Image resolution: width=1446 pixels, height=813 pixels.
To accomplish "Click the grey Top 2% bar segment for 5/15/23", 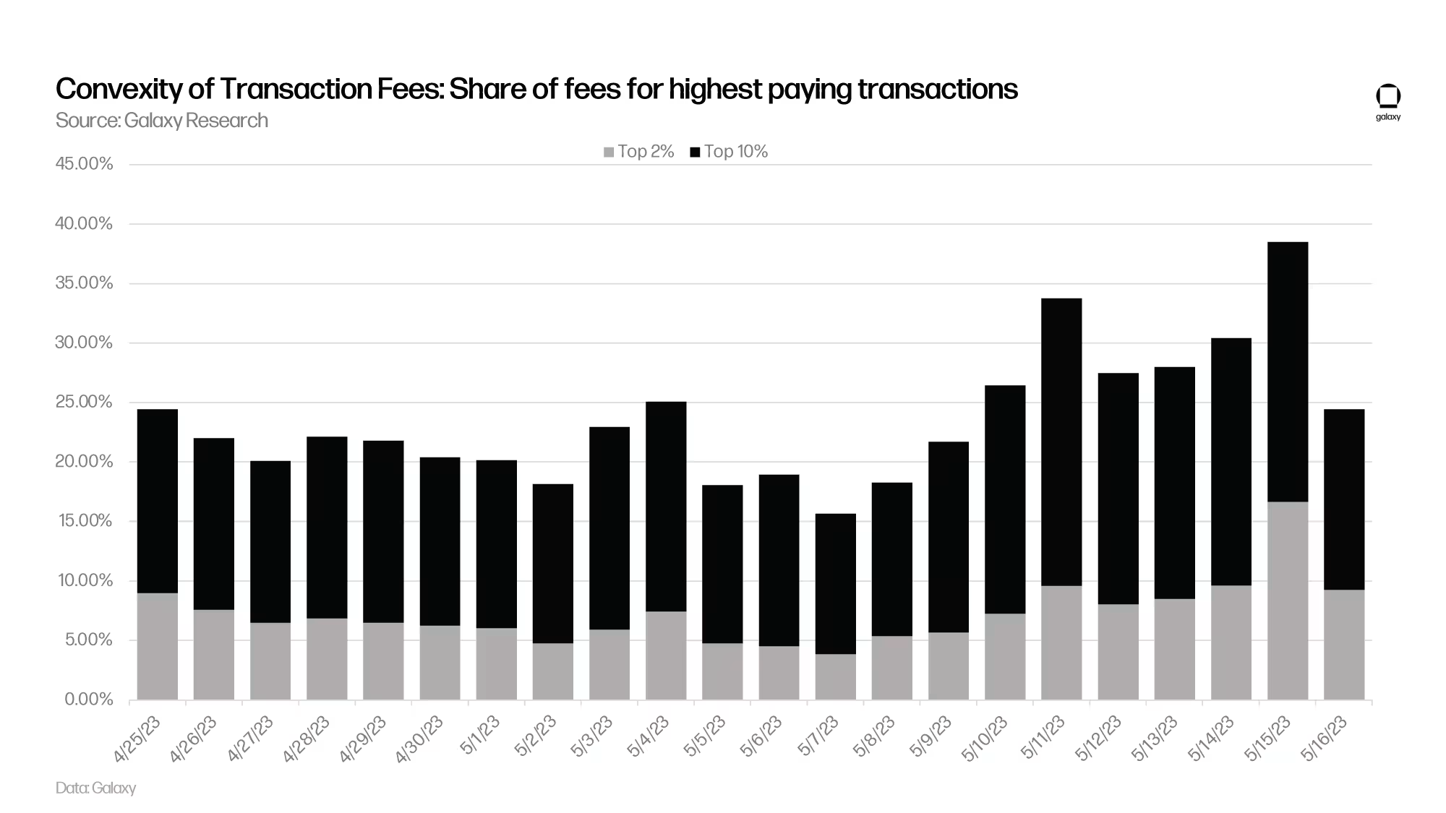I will pyautogui.click(x=1288, y=601).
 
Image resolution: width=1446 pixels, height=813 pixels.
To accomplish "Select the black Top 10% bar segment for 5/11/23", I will pyautogui.click(x=1061, y=442).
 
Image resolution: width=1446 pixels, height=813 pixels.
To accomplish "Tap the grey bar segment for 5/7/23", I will pyautogui.click(x=835, y=676).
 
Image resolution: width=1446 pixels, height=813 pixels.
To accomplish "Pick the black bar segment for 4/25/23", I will pyautogui.click(x=157, y=501).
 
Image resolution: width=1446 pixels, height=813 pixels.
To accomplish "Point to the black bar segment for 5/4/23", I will pyautogui.click(x=666, y=506).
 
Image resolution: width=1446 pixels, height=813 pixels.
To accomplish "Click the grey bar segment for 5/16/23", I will pyautogui.click(x=1344, y=645).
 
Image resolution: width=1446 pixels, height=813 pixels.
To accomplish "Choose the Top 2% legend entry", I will pyautogui.click(x=639, y=152).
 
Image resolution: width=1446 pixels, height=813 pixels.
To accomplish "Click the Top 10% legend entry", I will pyautogui.click(x=729, y=152).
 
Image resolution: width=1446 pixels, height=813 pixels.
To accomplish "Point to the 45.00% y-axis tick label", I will pyautogui.click(x=84, y=164).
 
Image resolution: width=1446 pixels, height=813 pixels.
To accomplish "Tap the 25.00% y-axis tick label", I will pyautogui.click(x=84, y=402).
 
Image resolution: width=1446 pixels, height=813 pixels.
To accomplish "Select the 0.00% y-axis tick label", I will pyautogui.click(x=88, y=700).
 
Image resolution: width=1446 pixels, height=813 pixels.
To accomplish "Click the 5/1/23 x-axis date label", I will pyautogui.click(x=481, y=736).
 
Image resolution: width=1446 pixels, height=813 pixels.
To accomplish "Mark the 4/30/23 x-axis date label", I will pyautogui.click(x=420, y=739).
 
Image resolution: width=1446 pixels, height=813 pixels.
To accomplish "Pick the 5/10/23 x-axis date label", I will pyautogui.click(x=985, y=739).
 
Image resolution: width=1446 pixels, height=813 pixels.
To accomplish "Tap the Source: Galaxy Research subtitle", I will pyautogui.click(x=161, y=120).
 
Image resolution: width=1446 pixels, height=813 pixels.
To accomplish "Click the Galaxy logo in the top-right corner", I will pyautogui.click(x=1387, y=101).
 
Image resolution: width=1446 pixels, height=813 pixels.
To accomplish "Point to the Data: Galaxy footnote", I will pyautogui.click(x=95, y=788).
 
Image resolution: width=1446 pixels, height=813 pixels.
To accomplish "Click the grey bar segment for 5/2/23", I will pyautogui.click(x=553, y=671).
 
